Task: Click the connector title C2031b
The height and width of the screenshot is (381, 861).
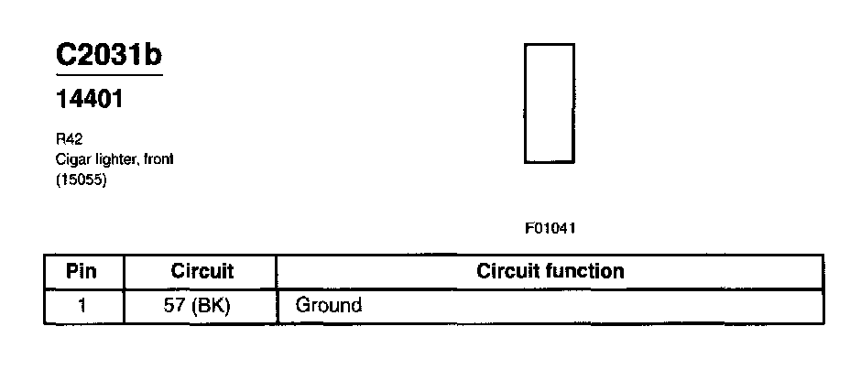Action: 109,55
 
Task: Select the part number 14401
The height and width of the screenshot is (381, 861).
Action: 90,100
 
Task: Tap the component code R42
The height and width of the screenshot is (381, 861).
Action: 68,140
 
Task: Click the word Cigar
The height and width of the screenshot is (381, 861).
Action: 71,159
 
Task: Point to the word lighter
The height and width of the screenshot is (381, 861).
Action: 114,159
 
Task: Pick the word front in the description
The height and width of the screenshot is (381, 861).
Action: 158,159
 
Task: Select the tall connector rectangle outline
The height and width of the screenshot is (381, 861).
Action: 549,103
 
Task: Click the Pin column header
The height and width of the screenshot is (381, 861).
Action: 82,271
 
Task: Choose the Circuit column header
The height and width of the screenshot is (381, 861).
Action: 202,271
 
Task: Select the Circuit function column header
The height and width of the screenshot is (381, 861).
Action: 550,271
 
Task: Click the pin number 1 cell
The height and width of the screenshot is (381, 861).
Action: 82,305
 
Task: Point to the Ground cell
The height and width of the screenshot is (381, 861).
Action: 329,305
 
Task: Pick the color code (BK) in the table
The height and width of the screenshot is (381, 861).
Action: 212,305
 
